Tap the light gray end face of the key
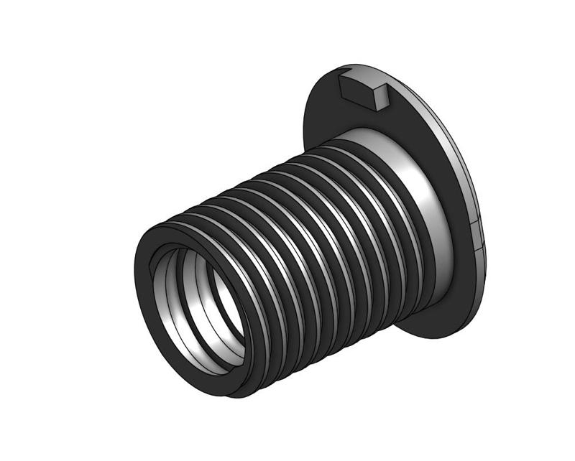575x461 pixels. (x=380, y=98)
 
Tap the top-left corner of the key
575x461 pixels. (x=339, y=78)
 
